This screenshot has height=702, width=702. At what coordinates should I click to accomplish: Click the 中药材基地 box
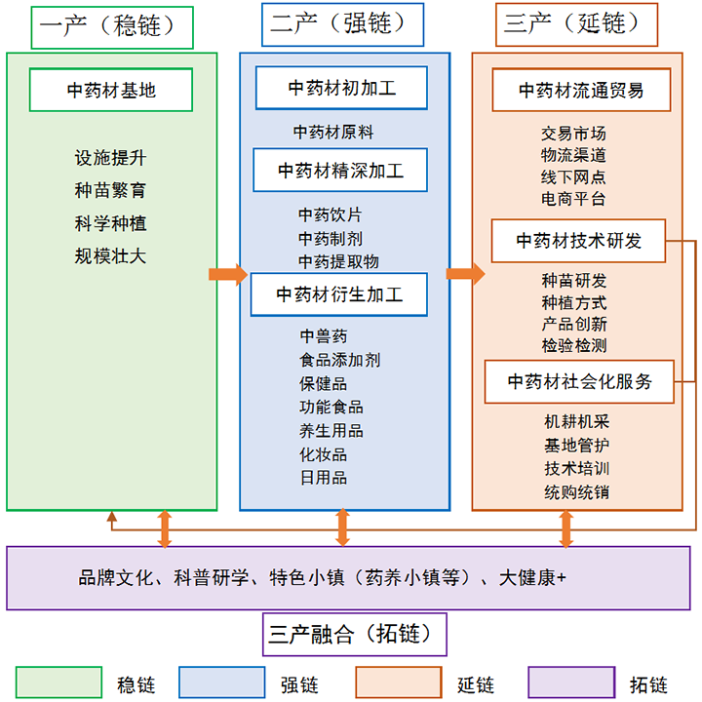pyautogui.click(x=111, y=91)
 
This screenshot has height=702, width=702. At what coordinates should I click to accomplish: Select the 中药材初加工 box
pyautogui.click(x=341, y=88)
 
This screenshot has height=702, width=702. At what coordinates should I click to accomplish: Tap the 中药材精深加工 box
pyautogui.click(x=340, y=171)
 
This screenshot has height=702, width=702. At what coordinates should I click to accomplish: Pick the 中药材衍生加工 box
pyautogui.click(x=338, y=293)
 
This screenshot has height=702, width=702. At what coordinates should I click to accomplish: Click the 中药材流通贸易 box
pyautogui.click(x=581, y=91)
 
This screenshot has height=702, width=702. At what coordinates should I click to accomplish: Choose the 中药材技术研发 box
pyautogui.click(x=578, y=241)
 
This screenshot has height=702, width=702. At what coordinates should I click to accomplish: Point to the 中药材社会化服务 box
pyautogui.click(x=581, y=381)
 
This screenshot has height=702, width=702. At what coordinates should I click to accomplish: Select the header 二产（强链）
pyautogui.click(x=342, y=25)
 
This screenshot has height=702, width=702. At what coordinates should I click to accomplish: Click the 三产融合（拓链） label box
pyautogui.click(x=355, y=636)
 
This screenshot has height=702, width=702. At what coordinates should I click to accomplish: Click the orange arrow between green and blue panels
pyautogui.click(x=228, y=274)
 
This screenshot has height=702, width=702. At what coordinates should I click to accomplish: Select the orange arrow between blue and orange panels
pyautogui.click(x=464, y=274)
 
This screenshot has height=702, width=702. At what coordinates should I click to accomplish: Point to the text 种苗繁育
pyautogui.click(x=111, y=190)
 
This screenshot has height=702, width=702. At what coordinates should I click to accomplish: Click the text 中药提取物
pyautogui.click(x=338, y=261)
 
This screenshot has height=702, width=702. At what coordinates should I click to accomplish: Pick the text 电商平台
pyautogui.click(x=573, y=199)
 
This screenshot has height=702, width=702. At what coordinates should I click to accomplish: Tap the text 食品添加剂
pyautogui.click(x=339, y=360)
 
